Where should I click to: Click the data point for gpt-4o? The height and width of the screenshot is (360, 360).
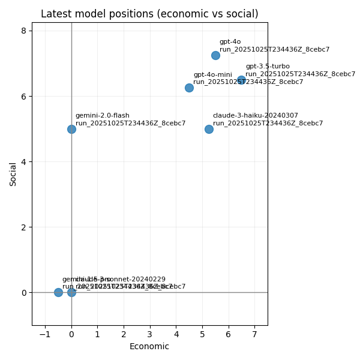click(215, 55)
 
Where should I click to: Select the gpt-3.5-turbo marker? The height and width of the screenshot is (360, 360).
click(241, 80)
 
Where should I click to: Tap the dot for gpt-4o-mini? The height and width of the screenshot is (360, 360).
click(189, 88)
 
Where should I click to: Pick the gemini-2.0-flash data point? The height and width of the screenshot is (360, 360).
click(71, 129)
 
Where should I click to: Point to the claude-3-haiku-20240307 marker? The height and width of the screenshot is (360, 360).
click(209, 129)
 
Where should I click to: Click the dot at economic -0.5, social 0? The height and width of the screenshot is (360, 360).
click(58, 292)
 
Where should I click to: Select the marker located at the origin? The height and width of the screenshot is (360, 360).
click(71, 292)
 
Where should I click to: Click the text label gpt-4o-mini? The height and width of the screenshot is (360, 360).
click(212, 75)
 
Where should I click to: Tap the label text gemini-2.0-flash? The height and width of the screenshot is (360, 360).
click(102, 116)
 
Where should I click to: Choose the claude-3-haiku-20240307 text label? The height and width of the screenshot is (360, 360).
click(255, 116)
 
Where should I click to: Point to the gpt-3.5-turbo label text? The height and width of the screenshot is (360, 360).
click(267, 67)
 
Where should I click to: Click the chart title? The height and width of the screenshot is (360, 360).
click(149, 14)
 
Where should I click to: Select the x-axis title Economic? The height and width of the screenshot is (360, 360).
click(149, 346)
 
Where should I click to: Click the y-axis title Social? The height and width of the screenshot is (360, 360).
click(13, 174)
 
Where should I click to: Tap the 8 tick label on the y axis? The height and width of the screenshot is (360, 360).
click(23, 31)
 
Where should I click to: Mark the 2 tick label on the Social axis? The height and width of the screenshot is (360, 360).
click(23, 227)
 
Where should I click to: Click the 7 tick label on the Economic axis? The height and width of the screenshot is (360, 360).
click(254, 334)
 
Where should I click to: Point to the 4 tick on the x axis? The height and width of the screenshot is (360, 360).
click(176, 334)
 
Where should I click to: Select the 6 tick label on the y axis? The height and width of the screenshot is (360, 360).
click(23, 97)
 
